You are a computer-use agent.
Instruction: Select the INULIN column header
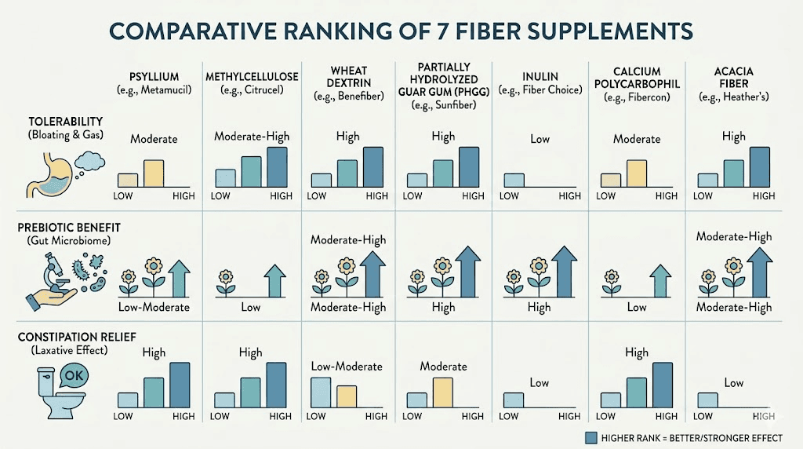[x=540, y=76]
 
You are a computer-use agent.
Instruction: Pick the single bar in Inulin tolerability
[x=514, y=180]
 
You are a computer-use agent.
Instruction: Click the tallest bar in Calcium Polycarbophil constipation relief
[x=663, y=385]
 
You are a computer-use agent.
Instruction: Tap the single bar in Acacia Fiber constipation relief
[x=707, y=400]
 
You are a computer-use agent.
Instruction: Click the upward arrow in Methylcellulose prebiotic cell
[x=274, y=280]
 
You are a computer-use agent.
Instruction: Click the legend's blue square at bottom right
[x=592, y=437]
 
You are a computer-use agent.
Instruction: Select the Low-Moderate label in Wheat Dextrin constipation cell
[x=347, y=366]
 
